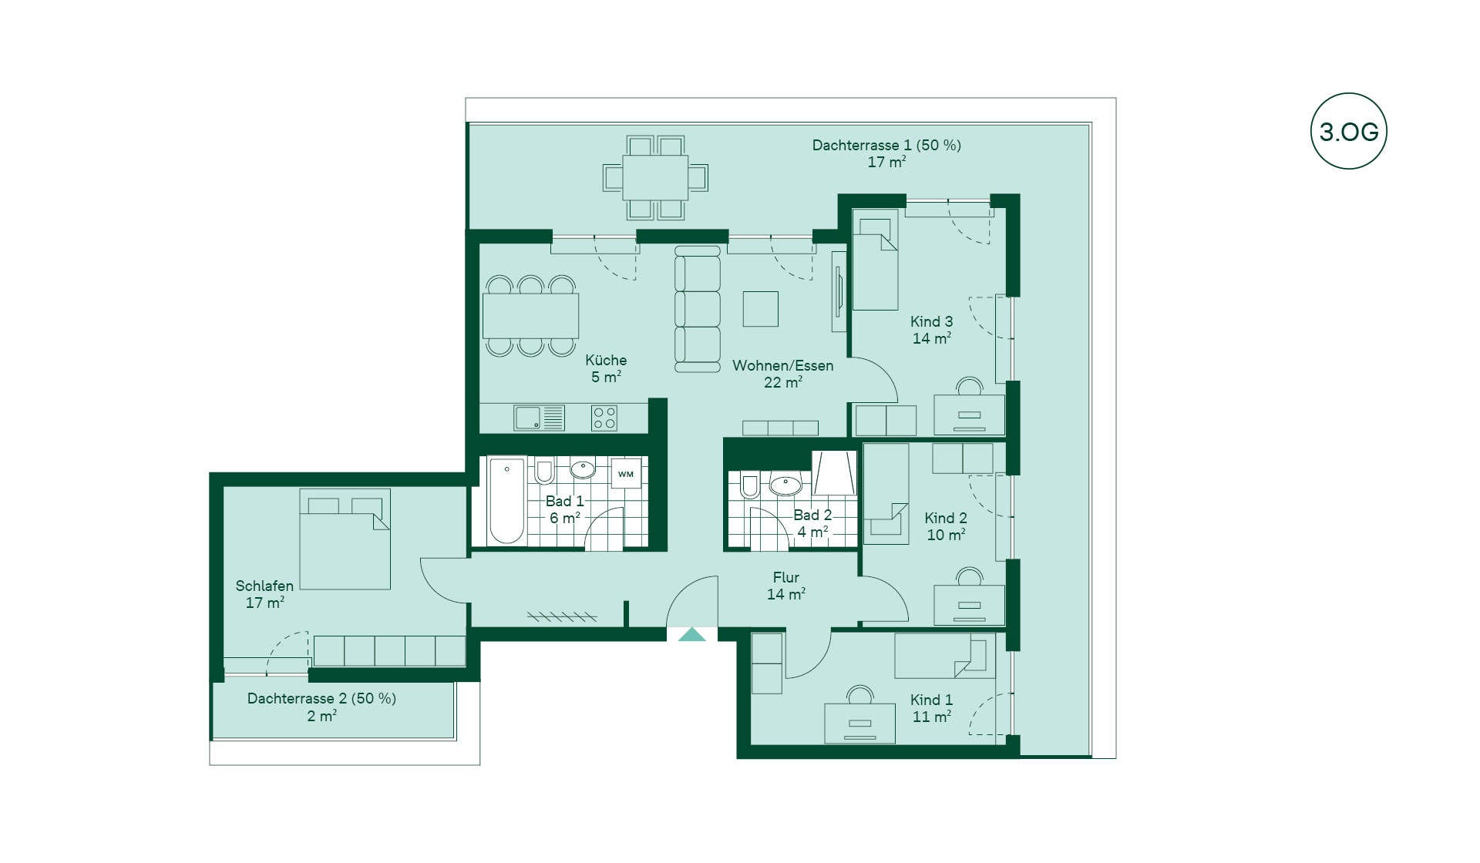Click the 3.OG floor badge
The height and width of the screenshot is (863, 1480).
[1349, 131]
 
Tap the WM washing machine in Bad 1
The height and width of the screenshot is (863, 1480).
[625, 474]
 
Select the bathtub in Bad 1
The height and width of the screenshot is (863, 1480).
[507, 501]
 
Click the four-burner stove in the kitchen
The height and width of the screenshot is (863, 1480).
[604, 418]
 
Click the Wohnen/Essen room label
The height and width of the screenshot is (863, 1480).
[783, 365]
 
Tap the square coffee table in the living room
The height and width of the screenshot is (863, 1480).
[760, 308]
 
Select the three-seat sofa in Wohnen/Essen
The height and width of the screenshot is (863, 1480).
[698, 309]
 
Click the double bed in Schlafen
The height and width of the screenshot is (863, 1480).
[345, 539]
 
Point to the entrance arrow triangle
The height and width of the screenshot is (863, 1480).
[692, 635]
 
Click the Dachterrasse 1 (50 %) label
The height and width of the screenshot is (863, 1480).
[886, 145]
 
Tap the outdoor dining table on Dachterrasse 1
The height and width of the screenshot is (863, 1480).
[655, 177]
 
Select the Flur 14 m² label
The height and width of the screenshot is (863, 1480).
[786, 586]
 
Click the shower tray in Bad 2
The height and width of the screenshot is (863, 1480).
[834, 473]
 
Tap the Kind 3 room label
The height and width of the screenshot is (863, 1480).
[931, 321]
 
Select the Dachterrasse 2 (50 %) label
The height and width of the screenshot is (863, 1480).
[321, 698]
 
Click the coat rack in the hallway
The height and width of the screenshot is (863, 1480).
[562, 616]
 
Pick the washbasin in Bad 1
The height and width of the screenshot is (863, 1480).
[583, 468]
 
